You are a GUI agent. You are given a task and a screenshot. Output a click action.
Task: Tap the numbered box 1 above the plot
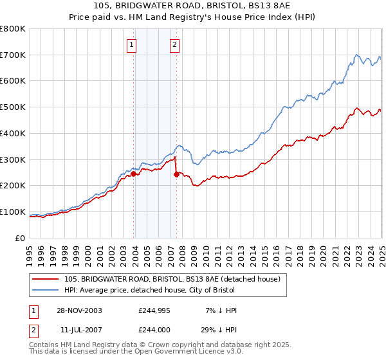pyautogui.click(x=131, y=45)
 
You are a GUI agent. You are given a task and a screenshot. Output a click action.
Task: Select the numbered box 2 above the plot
pyautogui.click(x=174, y=45)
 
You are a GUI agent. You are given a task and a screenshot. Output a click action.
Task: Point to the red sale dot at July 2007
pyautogui.click(x=176, y=174)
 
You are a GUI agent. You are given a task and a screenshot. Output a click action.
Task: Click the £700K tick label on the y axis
pyautogui.click(x=13, y=55)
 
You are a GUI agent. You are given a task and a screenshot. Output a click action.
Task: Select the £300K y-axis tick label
pyautogui.click(x=13, y=159)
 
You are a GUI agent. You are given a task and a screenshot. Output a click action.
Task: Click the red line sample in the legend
pyautogui.click(x=46, y=280)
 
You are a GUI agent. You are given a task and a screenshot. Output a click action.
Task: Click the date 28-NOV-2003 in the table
pyautogui.click(x=78, y=310)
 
